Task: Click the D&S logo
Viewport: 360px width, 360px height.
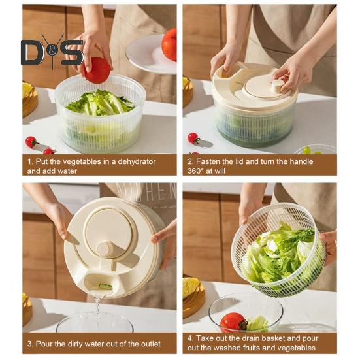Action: coord(52,51)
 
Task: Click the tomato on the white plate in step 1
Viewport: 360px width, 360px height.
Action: coord(169,44)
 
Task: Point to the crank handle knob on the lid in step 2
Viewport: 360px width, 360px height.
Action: coord(278,85)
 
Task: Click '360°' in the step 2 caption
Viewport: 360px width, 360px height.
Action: coord(199,171)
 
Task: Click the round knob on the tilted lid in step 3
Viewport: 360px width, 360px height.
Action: coord(103,249)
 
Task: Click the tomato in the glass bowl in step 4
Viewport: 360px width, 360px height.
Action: coord(233,321)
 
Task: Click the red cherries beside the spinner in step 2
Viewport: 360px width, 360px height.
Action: coord(193,138)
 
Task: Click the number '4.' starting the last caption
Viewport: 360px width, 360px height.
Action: coord(191,338)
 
